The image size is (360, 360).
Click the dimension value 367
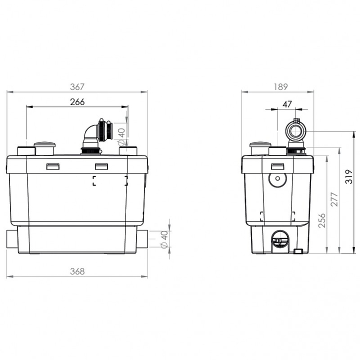tap(77, 87)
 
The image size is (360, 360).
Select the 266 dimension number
tap(77, 101)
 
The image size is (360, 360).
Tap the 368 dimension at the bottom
tap(77, 271)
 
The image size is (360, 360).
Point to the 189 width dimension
tap(280, 87)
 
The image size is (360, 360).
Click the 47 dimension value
tap(287, 104)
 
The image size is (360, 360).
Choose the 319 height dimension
tap(349, 176)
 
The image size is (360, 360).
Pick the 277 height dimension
tap(334, 199)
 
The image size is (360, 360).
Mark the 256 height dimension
tap(322, 220)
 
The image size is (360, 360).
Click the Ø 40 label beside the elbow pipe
tap(121, 136)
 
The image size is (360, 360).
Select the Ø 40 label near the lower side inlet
tap(164, 239)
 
